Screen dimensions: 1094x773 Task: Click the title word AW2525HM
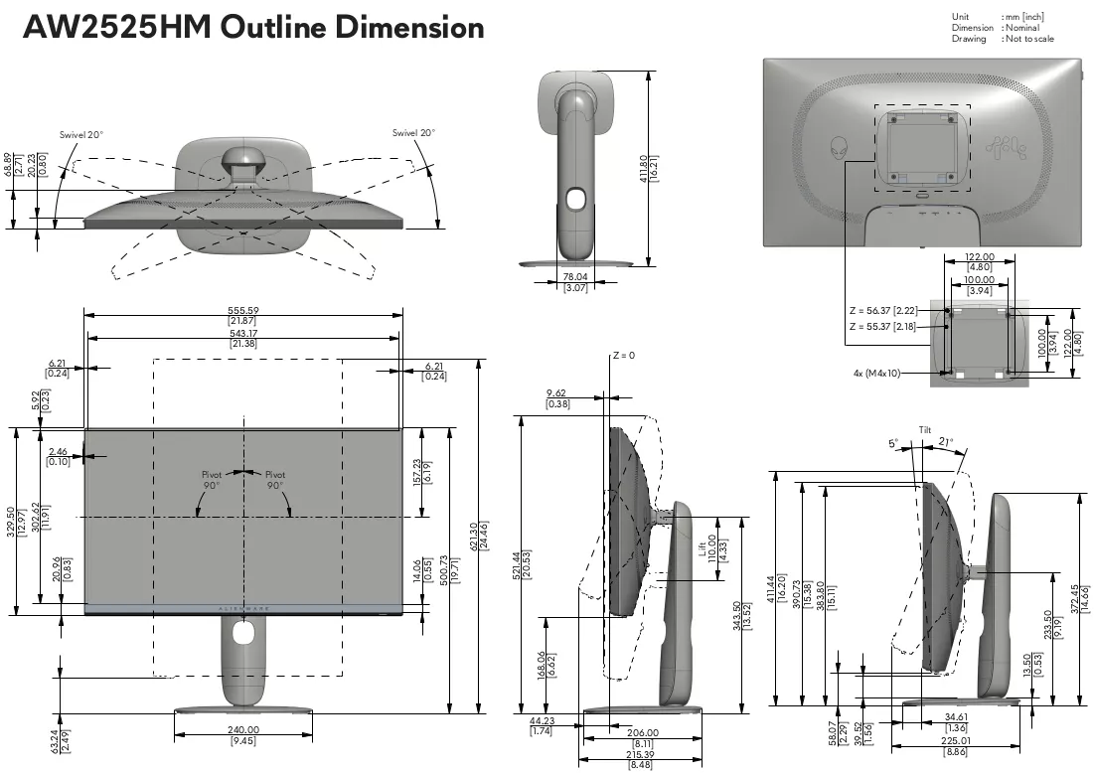pyautogui.click(x=118, y=27)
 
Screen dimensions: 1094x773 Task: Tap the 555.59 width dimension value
pyautogui.click(x=242, y=310)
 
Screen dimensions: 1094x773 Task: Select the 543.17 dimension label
pyautogui.click(x=242, y=334)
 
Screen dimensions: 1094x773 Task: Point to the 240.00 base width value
pyautogui.click(x=242, y=729)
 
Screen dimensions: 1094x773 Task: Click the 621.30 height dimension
pyautogui.click(x=474, y=536)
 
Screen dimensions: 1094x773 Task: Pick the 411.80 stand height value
pyautogui.click(x=643, y=169)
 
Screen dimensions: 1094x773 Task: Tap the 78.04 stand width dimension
pyautogui.click(x=575, y=277)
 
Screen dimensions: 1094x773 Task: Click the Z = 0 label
pyautogui.click(x=624, y=355)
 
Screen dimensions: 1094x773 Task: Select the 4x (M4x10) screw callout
pyautogui.click(x=876, y=374)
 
